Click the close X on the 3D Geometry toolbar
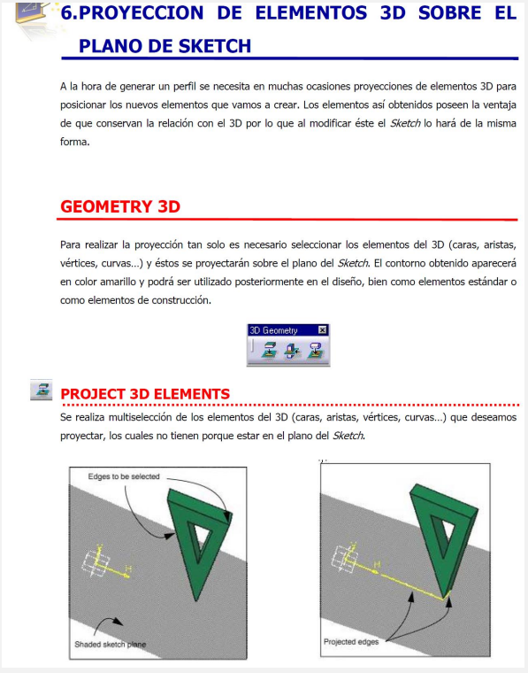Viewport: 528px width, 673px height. (x=322, y=329)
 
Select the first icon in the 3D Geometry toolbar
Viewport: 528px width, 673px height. (x=269, y=351)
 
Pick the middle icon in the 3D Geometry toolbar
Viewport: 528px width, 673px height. (x=292, y=351)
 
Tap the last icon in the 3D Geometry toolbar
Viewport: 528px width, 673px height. (x=316, y=351)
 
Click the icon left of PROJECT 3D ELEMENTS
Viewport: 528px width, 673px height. (x=42, y=390)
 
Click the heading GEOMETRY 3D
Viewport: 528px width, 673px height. (x=120, y=206)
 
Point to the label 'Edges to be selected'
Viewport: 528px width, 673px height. (x=124, y=476)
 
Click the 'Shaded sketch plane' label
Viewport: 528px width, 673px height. (x=111, y=645)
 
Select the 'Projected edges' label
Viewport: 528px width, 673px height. (x=351, y=642)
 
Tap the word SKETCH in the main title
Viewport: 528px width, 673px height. (x=215, y=46)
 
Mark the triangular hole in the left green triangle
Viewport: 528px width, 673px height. (x=199, y=541)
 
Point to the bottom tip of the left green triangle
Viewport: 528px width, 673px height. (x=196, y=600)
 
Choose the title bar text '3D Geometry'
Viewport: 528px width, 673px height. (x=273, y=330)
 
